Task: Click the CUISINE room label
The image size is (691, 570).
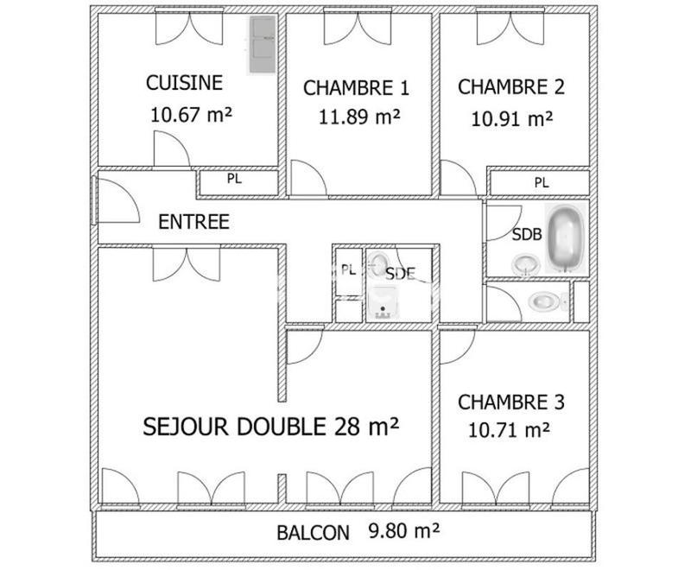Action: tap(184, 83)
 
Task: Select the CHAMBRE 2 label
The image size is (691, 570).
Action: tap(511, 87)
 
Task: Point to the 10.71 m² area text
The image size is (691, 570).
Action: tap(510, 429)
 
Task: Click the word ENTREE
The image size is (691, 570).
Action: tap(193, 222)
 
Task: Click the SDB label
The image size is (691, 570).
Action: tap(527, 234)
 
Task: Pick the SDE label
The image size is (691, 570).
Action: tap(400, 274)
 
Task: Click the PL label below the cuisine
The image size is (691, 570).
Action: tap(234, 180)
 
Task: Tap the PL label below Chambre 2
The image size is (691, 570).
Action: tap(541, 182)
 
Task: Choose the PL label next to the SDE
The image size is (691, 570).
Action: tap(348, 269)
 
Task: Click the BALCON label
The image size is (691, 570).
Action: tap(313, 533)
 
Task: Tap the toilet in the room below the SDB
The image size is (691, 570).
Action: tap(545, 301)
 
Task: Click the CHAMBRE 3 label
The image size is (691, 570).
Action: tap(511, 402)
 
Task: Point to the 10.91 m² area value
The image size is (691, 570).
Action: tap(511, 118)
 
